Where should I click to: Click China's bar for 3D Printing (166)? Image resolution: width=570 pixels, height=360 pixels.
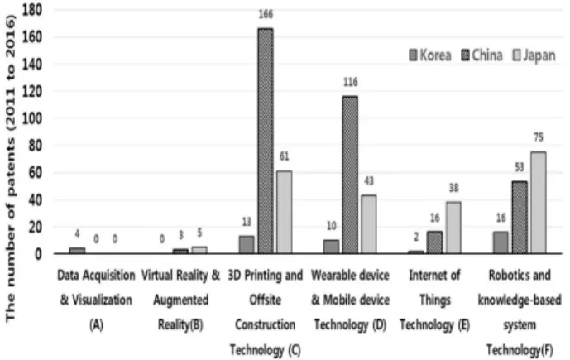[266, 141]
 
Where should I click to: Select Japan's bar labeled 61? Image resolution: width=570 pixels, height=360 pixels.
[285, 212]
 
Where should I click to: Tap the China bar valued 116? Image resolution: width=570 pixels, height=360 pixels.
[350, 175]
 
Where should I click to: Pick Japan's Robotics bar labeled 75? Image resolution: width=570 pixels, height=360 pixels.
[539, 203]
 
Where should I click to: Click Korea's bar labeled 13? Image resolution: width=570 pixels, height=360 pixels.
[247, 245]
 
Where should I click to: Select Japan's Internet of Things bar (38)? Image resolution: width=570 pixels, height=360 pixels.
[453, 228]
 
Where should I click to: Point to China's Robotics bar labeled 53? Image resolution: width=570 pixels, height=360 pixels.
[520, 218]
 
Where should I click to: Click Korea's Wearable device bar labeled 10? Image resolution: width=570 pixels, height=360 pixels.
[332, 247]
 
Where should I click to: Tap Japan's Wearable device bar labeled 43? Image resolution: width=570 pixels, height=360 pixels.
[369, 224]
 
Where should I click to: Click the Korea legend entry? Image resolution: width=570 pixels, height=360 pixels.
[430, 55]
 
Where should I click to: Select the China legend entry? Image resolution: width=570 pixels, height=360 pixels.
[482, 55]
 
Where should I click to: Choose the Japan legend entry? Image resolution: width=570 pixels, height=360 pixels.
[534, 55]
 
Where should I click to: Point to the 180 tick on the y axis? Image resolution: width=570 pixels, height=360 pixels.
[32, 10]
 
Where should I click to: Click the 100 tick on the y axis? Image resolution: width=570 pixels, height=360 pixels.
[32, 118]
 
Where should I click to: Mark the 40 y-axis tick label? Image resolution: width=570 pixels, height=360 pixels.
[36, 199]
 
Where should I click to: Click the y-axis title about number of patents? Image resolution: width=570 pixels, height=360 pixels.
[10, 169]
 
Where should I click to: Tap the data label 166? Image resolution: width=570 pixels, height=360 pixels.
[266, 14]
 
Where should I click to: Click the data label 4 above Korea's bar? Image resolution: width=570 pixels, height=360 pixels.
[77, 234]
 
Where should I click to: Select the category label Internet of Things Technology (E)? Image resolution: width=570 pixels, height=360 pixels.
[435, 300]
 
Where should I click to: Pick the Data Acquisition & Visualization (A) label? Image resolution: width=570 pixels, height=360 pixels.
[96, 300]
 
